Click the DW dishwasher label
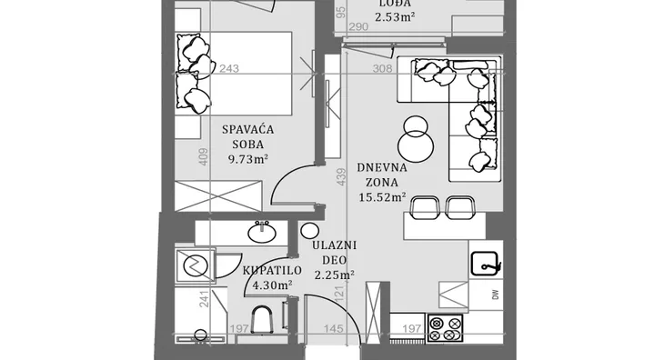pyautogui.click(x=496, y=295)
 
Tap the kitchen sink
pyautogui.click(x=486, y=264)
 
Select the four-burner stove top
pyautogui.click(x=445, y=329)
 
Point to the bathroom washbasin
pyautogui.click(x=262, y=232)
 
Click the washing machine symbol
pyautogui.click(x=196, y=265)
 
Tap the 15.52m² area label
pyautogui.click(x=382, y=197)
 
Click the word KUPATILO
pyautogui.click(x=272, y=270)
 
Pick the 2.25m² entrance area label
pyautogui.click(x=334, y=275)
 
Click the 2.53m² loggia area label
pyautogui.click(x=395, y=17)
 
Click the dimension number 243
pyautogui.click(x=229, y=68)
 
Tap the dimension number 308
pyautogui.click(x=382, y=68)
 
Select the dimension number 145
pyautogui.click(x=333, y=328)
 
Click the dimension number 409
pyautogui.click(x=203, y=156)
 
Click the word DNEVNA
pyautogui.click(x=382, y=167)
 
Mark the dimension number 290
pyautogui.click(x=358, y=27)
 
